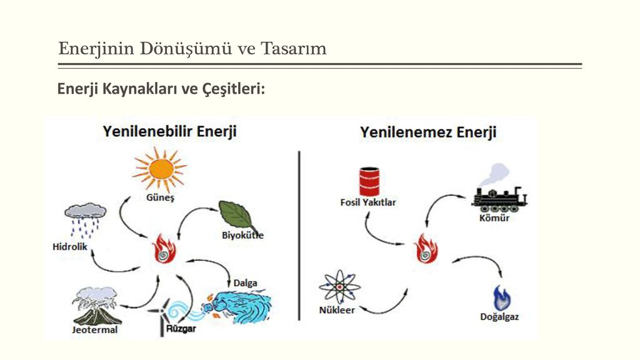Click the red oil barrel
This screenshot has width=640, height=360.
tap(369, 182)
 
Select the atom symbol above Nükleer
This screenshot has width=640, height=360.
tap(339, 286)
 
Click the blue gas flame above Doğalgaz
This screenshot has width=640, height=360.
tap(502, 298)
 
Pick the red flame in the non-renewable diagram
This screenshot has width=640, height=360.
tap(426, 249)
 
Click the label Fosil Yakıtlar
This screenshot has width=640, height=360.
tap(368, 202)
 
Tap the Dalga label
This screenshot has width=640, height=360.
tap(245, 283)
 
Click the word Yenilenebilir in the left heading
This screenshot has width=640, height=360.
tap(147, 131)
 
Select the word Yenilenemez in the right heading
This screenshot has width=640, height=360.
tap(406, 132)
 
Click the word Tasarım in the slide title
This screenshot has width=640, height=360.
tap(294, 49)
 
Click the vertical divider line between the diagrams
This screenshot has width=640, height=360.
tap(299, 236)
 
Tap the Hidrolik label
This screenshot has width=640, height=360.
tap(70, 246)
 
